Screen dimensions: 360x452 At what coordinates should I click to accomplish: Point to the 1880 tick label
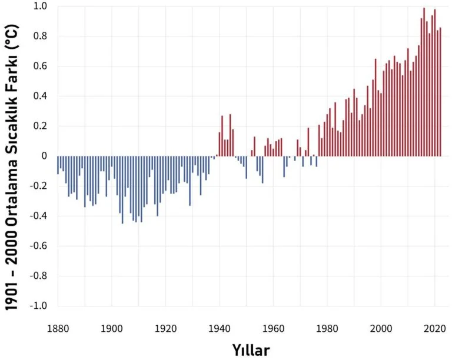coord(58,328)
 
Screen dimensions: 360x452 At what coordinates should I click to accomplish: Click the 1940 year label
coord(219,328)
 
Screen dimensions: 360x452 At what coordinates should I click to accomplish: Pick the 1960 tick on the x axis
coord(273,328)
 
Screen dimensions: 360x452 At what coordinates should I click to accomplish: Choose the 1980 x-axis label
coord(327,328)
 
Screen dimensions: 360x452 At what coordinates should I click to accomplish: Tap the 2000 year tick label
coord(381,328)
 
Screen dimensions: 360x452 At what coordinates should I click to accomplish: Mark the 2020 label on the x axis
coord(434,328)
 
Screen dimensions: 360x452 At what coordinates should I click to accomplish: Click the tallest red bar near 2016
coord(424,82)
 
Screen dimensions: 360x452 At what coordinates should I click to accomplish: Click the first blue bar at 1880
coord(58,165)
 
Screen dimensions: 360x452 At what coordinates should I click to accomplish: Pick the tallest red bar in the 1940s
coord(230,135)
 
